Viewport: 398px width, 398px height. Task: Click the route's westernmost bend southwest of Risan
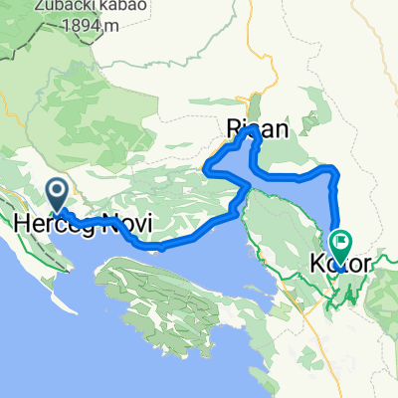pos(206,169)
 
